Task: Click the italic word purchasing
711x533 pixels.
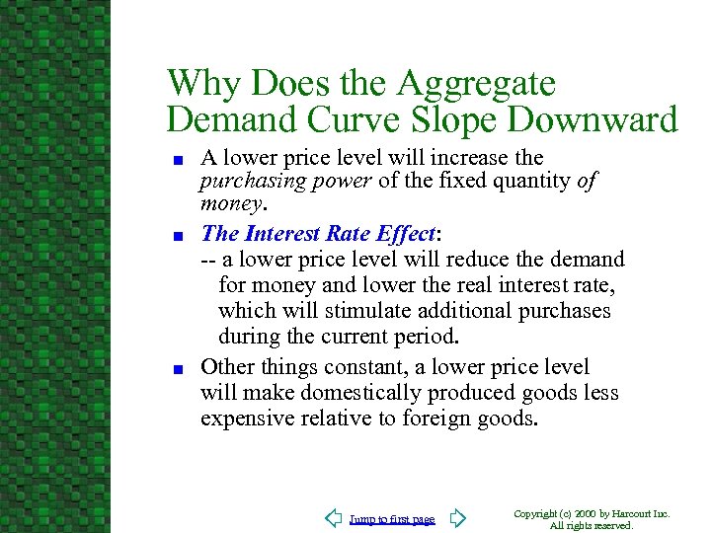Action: (245, 181)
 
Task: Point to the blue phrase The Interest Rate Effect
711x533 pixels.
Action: (319, 234)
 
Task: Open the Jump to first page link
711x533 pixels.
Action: (392, 519)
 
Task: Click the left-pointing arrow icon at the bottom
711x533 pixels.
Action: (333, 518)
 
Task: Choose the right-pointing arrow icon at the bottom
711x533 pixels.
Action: (456, 518)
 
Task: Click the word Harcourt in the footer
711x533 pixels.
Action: (634, 514)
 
